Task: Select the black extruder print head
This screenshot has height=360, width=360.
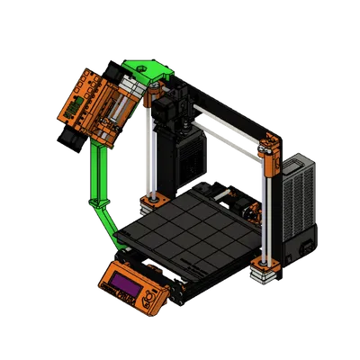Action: pyautogui.click(x=169, y=112)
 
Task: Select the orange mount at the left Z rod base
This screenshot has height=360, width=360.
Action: pyautogui.click(x=153, y=198)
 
